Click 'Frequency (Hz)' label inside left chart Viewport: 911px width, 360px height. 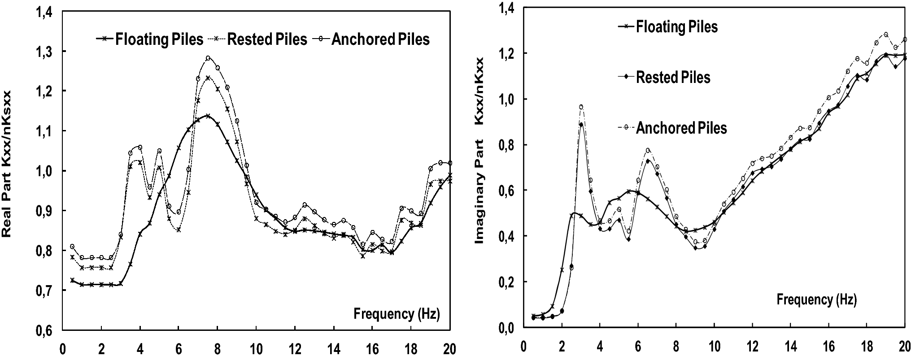pyautogui.click(x=397, y=314)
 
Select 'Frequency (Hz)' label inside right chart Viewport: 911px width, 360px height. pyautogui.click(x=816, y=299)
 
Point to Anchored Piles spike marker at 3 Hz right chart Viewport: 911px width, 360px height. pyautogui.click(x=581, y=107)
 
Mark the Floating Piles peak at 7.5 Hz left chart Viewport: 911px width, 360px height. pyautogui.click(x=207, y=116)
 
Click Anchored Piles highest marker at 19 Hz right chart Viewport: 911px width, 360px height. pyautogui.click(x=886, y=34)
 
